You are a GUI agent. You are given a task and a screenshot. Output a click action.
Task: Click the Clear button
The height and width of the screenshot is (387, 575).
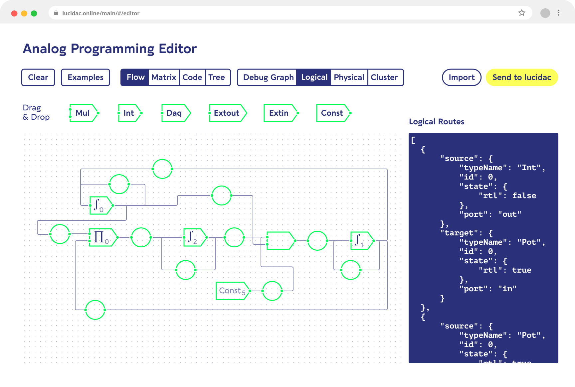[x=38, y=77]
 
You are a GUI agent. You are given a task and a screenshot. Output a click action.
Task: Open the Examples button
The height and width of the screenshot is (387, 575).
[x=86, y=77]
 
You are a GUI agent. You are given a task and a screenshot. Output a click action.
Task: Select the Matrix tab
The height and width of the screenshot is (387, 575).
[x=164, y=77]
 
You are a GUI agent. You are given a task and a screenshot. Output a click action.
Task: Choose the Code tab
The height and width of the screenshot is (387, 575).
[x=192, y=77]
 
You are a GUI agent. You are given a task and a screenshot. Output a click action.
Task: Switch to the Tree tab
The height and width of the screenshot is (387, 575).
[x=217, y=77]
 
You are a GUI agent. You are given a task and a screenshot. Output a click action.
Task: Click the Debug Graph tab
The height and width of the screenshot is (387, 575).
[x=268, y=77]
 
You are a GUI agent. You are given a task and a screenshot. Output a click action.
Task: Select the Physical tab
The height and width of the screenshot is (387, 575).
[x=349, y=77]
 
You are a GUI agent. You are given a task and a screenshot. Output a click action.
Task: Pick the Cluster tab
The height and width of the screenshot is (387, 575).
[x=384, y=77]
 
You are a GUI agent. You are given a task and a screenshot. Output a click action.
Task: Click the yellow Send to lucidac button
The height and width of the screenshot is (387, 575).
[x=522, y=77]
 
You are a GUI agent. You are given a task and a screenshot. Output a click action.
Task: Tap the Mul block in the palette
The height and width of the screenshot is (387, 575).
[x=84, y=113]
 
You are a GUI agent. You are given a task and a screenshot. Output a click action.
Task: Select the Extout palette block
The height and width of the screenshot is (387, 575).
[x=228, y=113]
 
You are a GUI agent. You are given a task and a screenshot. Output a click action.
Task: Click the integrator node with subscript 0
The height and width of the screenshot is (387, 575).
[x=101, y=205]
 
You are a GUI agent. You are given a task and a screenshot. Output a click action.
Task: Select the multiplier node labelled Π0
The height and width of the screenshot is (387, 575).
[x=103, y=237]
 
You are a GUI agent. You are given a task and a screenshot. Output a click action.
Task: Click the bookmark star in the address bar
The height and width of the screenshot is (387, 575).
[x=522, y=13]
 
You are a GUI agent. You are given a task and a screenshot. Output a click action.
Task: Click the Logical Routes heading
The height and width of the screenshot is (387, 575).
[x=437, y=122]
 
